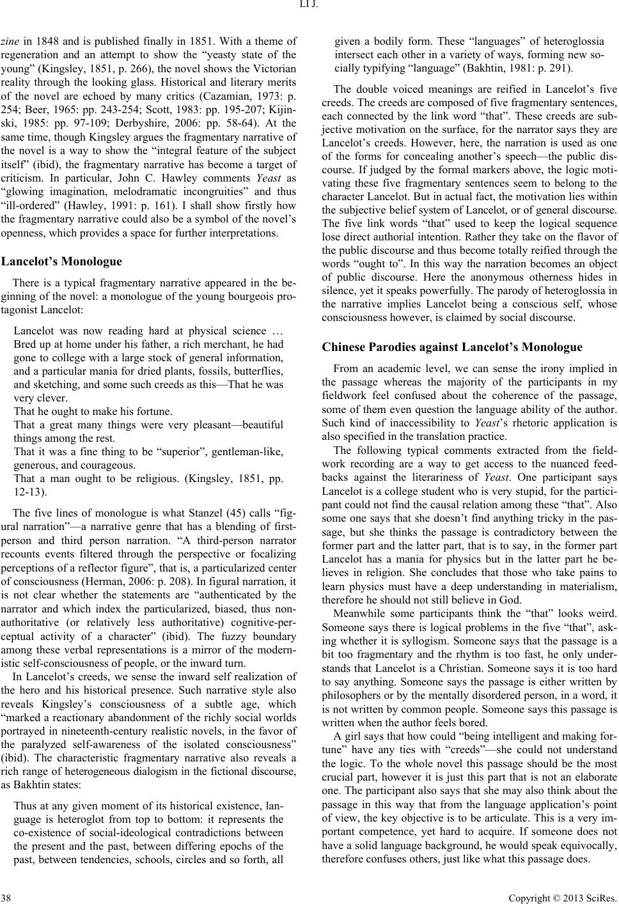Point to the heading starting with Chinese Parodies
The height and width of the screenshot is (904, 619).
point(452,348)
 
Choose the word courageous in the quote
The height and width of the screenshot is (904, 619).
point(109,465)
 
